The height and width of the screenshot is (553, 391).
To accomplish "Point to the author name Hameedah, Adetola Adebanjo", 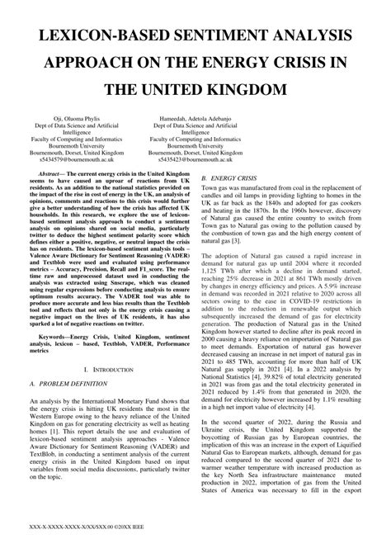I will click(195, 119).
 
